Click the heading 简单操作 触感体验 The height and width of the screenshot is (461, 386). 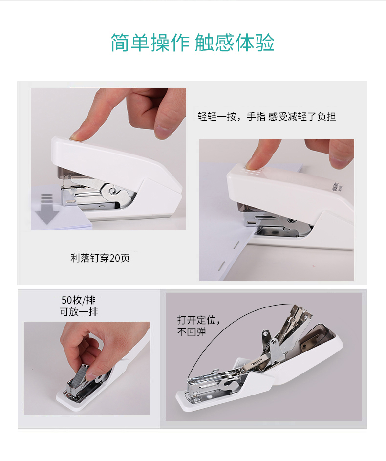[x=193, y=43]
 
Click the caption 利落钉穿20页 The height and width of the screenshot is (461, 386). [x=100, y=258]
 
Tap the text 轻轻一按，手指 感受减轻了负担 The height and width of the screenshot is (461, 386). [x=267, y=117]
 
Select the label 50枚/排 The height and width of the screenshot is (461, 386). [x=79, y=300]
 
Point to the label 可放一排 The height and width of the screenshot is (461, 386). [x=79, y=311]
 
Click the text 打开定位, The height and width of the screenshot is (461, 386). [x=198, y=320]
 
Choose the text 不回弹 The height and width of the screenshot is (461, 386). [x=192, y=332]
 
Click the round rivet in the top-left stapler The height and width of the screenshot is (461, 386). [x=112, y=191]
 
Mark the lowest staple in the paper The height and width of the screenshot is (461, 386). [x=220, y=266]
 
